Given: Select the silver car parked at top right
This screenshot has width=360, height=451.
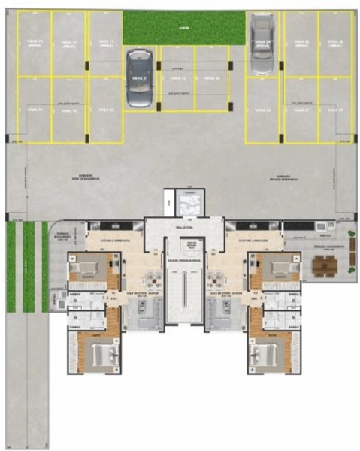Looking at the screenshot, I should click(x=262, y=45).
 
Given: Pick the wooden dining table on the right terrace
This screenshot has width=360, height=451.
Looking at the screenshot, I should click(x=325, y=265).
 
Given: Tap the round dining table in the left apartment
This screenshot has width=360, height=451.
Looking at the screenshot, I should click(x=153, y=280).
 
